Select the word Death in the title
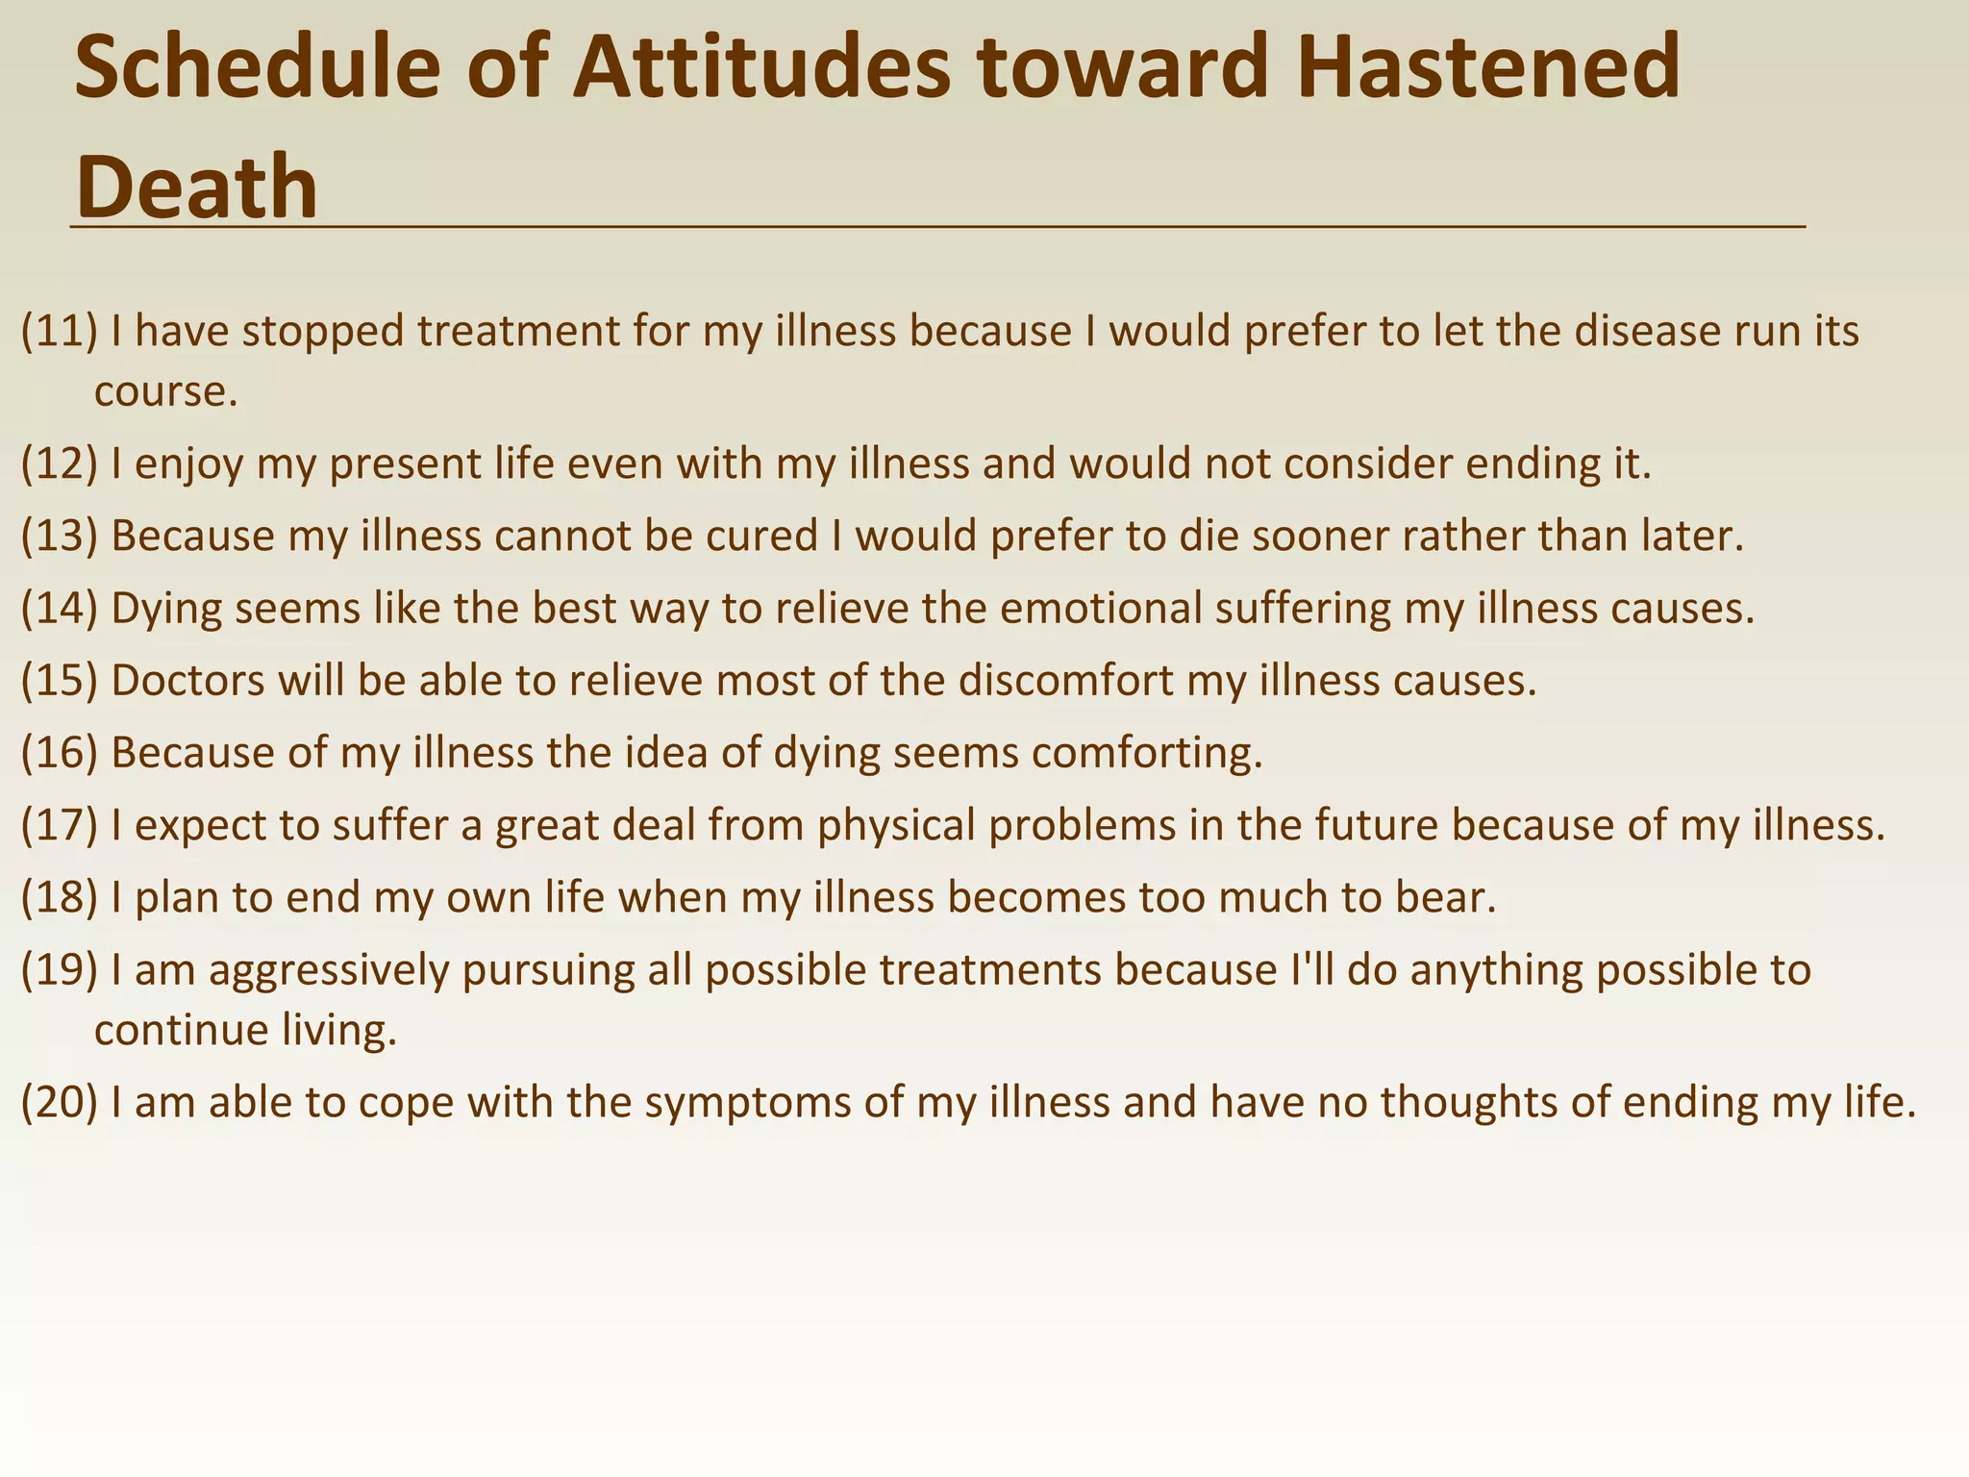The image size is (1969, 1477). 196,187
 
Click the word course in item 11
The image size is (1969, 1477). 165,392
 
